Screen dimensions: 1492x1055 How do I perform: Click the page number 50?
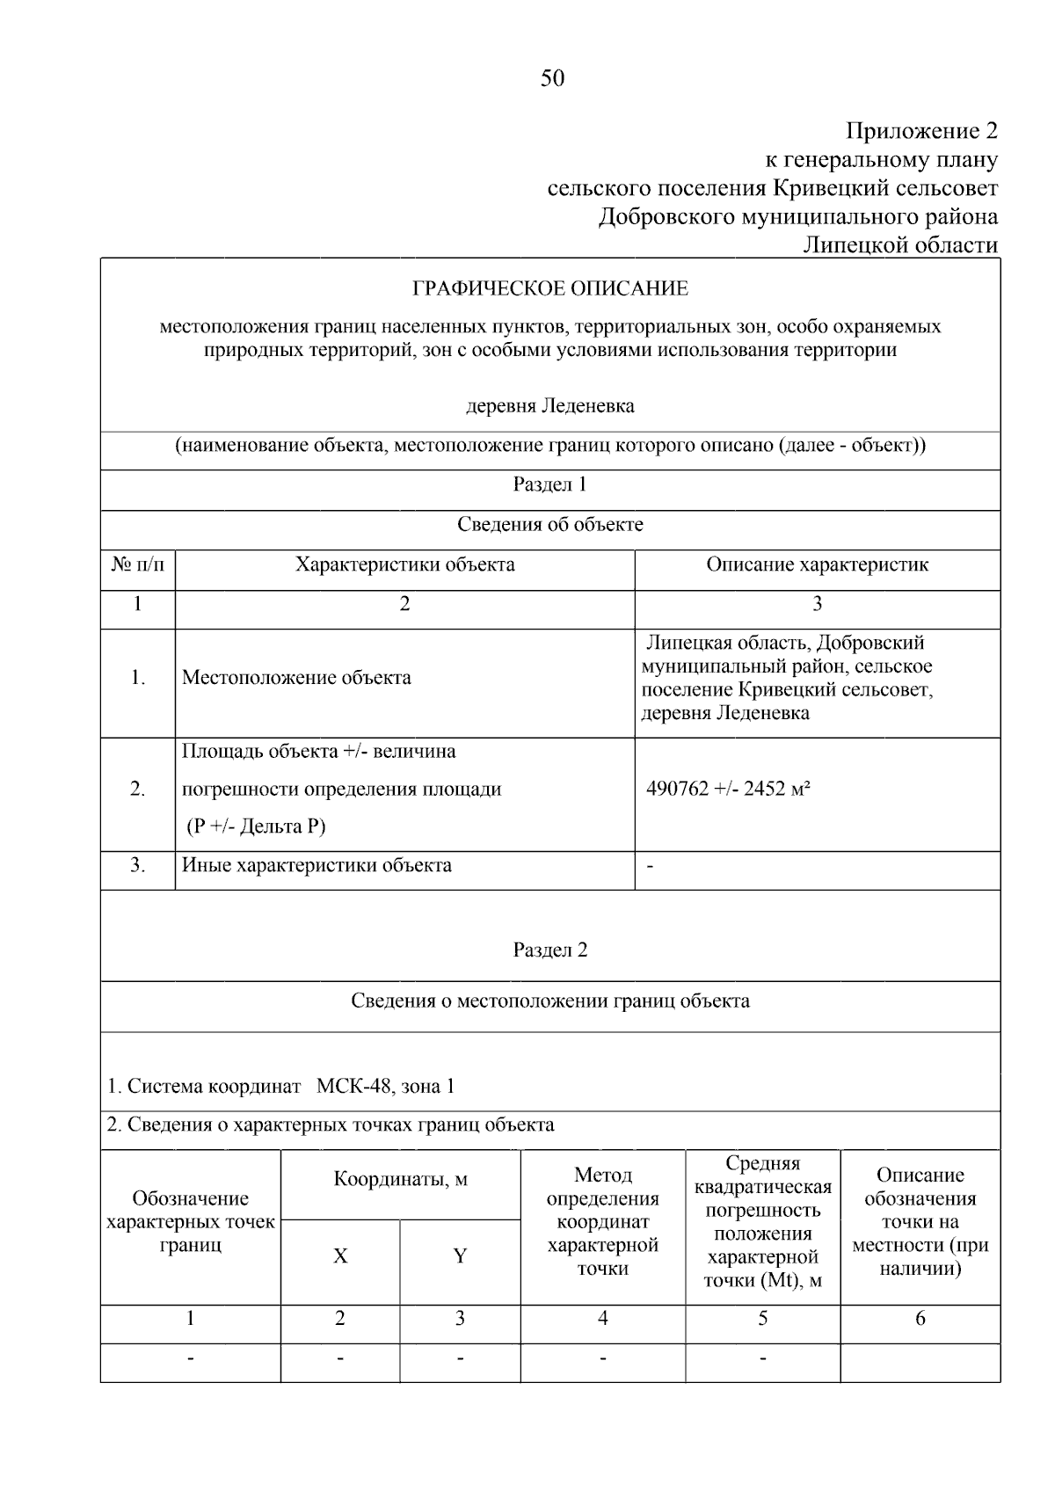[552, 78]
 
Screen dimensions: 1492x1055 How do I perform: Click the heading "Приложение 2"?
[921, 131]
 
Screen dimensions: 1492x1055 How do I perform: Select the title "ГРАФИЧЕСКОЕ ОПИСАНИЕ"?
[550, 288]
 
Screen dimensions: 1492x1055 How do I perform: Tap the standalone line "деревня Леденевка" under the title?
[549, 406]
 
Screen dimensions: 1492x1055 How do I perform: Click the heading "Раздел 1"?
[549, 484]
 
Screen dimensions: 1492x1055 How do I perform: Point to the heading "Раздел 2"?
[549, 950]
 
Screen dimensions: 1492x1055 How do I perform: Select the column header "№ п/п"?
[137, 564]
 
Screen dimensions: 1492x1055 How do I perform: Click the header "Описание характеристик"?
[817, 564]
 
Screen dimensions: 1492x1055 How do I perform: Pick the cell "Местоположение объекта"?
[296, 678]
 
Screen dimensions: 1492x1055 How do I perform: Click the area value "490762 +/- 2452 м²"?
[728, 789]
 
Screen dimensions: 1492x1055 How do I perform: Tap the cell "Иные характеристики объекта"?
[316, 865]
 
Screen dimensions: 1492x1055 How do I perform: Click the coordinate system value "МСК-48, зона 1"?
[385, 1087]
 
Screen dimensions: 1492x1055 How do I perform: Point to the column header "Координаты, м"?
[400, 1180]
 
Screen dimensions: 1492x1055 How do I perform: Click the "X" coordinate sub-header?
[340, 1256]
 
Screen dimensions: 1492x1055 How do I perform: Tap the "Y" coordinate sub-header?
[460, 1256]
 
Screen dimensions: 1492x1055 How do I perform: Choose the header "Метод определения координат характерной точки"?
[602, 1222]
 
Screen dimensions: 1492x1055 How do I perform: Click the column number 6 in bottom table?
[920, 1318]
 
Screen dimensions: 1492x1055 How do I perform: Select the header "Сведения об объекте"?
[549, 525]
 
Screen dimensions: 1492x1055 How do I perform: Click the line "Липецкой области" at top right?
[900, 245]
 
